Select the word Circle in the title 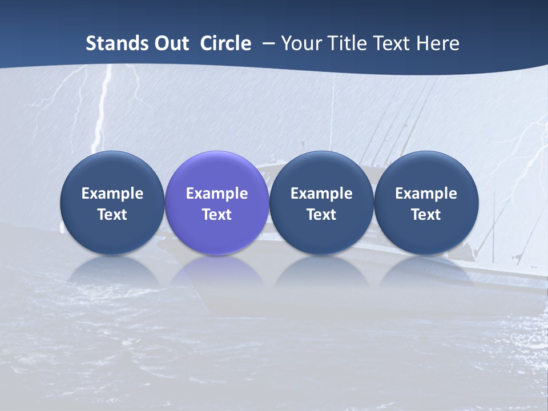coord(225,43)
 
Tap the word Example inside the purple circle coord(217,194)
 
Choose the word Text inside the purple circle coord(217,215)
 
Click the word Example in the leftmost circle coord(112,194)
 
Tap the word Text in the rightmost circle coord(426,215)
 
